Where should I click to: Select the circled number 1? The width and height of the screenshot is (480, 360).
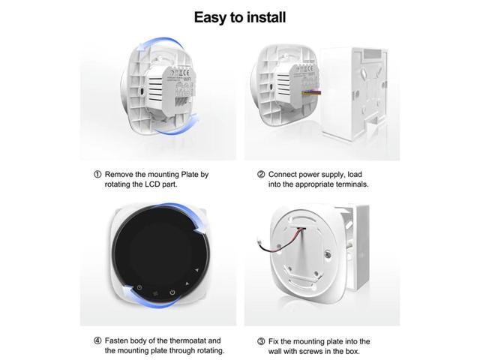(x=97, y=174)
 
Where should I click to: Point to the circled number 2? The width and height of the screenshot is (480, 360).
(x=261, y=174)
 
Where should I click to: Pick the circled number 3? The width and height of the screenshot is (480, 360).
(x=261, y=340)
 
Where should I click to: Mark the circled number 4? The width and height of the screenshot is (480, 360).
(x=97, y=340)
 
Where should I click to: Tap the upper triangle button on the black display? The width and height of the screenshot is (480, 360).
(x=197, y=268)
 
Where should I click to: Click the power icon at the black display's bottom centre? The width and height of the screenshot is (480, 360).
(x=172, y=292)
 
